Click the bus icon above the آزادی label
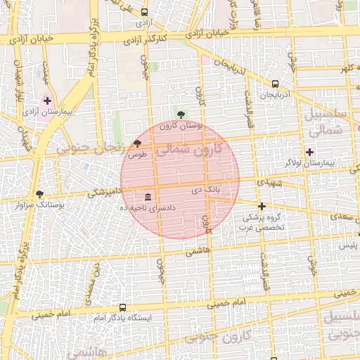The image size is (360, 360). pyautogui.click(x=145, y=13)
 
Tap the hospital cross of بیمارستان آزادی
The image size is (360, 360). pyautogui.click(x=47, y=101)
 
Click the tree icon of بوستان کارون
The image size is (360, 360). pyautogui.click(x=181, y=115)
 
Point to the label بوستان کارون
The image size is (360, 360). pyautogui.click(x=181, y=126)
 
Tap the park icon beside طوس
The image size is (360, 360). pyautogui.click(x=136, y=143)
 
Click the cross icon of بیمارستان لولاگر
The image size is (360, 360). pyautogui.click(x=309, y=152)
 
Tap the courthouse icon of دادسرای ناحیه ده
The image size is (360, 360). pyautogui.click(x=148, y=196)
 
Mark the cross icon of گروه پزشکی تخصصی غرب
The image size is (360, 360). pyautogui.click(x=262, y=207)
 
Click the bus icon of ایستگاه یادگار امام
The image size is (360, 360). pyautogui.click(x=123, y=308)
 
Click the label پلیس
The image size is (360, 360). pyautogui.click(x=349, y=245)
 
